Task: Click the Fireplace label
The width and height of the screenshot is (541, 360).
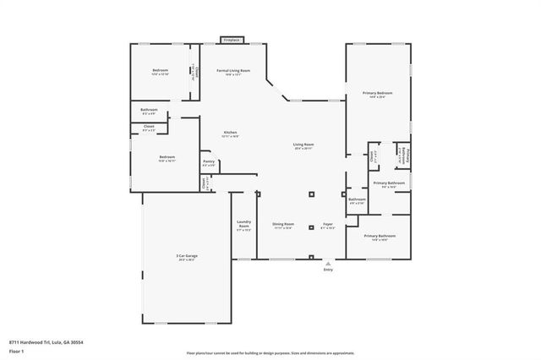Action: pos(232,40)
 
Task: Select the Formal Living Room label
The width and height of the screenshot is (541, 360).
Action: pos(233,70)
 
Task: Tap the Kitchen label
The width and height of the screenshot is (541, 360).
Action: pos(230,133)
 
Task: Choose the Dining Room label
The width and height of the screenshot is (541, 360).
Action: pos(282,224)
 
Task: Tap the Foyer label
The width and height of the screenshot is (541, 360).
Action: pos(327,224)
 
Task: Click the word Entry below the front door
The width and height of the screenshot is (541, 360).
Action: pos(328,270)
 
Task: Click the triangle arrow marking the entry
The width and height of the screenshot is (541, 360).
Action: pos(328,263)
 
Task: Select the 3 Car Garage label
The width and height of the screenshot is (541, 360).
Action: pos(186,254)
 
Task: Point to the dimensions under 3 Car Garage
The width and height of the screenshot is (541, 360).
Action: pos(186,259)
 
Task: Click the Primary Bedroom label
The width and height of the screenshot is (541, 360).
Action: pos(378,93)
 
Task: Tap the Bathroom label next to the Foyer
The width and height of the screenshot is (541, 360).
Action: pos(357,199)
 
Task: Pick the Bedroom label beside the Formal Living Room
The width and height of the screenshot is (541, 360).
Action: pos(161,70)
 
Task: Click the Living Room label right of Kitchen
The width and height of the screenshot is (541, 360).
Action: pos(304,145)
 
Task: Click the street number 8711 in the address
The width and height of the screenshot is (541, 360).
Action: pos(14,341)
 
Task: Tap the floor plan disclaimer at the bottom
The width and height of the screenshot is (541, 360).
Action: pos(270,352)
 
